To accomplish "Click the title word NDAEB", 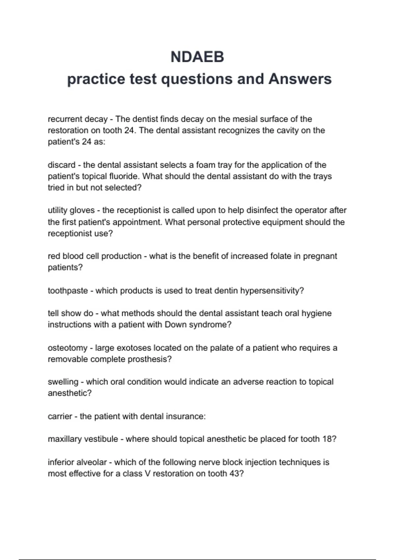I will tap(197, 57).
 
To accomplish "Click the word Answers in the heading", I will tap(300, 79).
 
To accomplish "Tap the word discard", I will tap(62, 165).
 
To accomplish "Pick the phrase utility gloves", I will tap(71, 210).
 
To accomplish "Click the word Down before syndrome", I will tap(175, 324).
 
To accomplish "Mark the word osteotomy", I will tap(67, 348).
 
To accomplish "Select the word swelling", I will tap(63, 382).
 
